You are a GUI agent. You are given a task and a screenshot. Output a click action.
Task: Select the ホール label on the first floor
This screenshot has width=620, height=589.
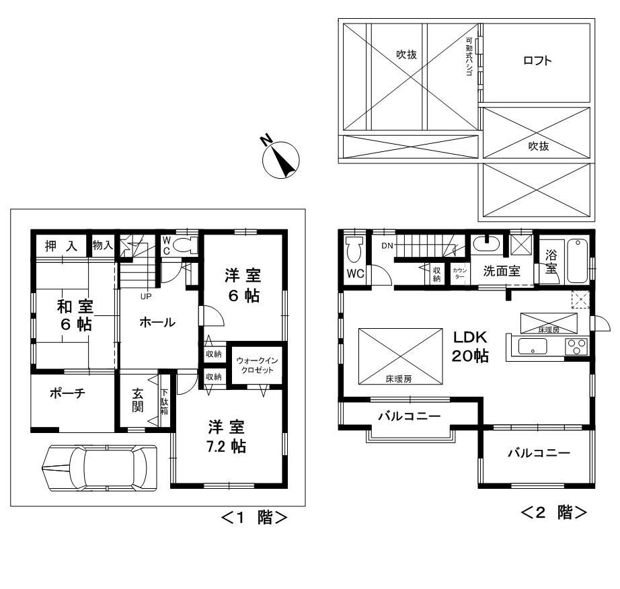pyautogui.click(x=157, y=323)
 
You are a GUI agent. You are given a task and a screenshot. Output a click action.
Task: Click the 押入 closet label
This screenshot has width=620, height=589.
pyautogui.click(x=61, y=246)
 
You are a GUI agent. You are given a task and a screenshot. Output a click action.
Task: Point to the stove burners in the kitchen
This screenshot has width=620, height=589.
pyautogui.click(x=576, y=348)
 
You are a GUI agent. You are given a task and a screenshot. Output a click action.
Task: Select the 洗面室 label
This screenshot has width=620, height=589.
pyautogui.click(x=502, y=272)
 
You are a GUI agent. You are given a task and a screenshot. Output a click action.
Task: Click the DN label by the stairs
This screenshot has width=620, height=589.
pyautogui.click(x=387, y=245)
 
